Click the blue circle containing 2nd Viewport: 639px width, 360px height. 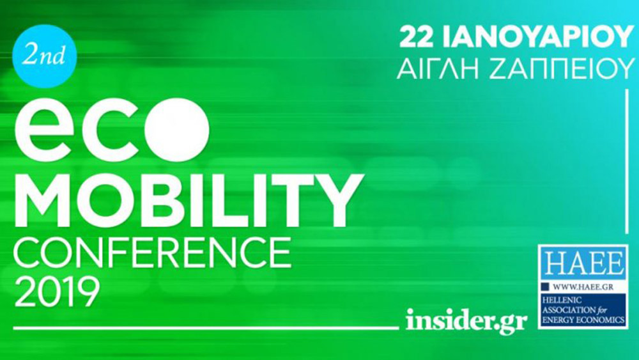[45, 56]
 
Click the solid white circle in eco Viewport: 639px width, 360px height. [178, 129]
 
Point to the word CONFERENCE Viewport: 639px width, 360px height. [153, 253]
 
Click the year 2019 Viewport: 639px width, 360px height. [57, 292]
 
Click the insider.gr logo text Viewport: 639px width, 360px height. [466, 320]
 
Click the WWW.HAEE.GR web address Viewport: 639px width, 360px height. [583, 287]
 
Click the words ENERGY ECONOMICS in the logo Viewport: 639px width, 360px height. [583, 320]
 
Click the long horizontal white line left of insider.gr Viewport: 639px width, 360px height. [206, 327]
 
